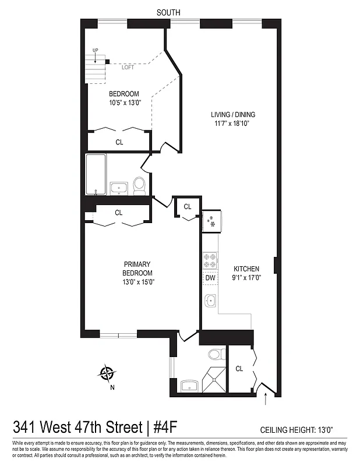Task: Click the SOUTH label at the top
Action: point(169,12)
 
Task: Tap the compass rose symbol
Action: point(107,373)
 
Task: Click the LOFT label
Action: point(128,68)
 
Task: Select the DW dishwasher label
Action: point(210,278)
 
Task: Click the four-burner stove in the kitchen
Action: point(210,260)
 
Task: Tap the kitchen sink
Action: point(210,301)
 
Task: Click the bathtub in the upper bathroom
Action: point(96,174)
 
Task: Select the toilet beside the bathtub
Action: point(139,185)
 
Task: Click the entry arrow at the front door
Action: point(267,399)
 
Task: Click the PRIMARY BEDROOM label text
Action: point(137,269)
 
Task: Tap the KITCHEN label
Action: point(246,269)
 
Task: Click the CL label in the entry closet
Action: point(239,369)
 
